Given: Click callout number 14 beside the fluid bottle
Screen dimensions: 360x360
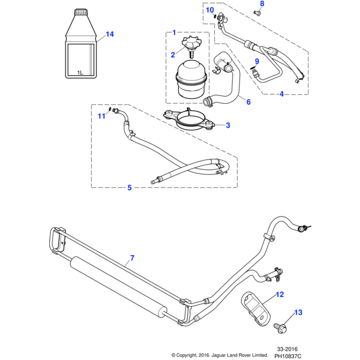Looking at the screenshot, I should [x=109, y=34].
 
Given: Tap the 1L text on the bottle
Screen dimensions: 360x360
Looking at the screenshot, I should [x=80, y=73].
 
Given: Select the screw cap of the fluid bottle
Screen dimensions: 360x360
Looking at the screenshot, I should [x=80, y=11].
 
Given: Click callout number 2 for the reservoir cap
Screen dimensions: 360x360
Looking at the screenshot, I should [x=172, y=55].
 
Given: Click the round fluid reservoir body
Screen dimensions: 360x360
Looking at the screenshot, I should [x=193, y=83].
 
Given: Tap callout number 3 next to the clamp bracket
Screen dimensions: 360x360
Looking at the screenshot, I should [x=227, y=125].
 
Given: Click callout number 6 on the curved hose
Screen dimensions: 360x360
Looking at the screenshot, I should [x=248, y=102].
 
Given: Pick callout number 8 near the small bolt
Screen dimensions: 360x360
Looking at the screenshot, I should [x=261, y=4].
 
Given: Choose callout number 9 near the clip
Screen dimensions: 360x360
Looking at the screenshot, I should [x=257, y=61].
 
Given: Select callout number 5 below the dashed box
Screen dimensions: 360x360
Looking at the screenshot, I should [x=129, y=188].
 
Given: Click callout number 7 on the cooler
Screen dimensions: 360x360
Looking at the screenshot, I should [x=132, y=259].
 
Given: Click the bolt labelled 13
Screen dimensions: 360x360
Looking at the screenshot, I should [x=280, y=327].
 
